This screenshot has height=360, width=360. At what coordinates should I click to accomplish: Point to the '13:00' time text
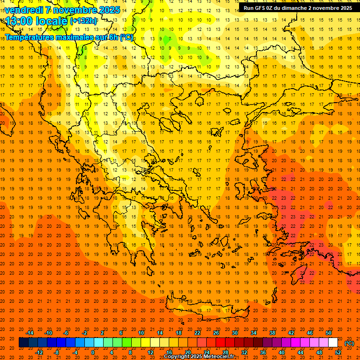(x=19, y=21)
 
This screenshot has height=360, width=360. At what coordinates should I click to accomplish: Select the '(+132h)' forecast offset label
(x=83, y=21)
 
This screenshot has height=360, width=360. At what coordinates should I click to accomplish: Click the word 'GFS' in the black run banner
(x=260, y=8)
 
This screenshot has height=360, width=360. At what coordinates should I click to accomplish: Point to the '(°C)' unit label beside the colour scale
(x=349, y=343)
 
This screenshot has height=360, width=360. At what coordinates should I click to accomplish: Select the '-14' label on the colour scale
(x=30, y=333)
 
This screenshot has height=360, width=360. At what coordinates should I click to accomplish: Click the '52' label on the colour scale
(x=338, y=352)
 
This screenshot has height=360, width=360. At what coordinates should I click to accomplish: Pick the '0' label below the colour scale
(x=92, y=352)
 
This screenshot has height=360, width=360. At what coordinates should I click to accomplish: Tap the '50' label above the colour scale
(x=329, y=333)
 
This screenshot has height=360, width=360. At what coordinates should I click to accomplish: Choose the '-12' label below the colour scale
(x=39, y=352)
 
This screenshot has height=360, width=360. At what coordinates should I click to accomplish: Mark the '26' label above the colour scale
(x=216, y=333)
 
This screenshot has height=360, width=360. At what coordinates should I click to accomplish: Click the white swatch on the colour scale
(x=333, y=343)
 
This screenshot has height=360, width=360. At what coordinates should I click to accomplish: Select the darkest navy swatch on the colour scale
(x=23, y=343)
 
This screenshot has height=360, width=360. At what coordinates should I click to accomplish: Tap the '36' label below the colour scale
(x=263, y=352)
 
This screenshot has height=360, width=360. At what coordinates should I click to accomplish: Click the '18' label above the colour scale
(x=179, y=333)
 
